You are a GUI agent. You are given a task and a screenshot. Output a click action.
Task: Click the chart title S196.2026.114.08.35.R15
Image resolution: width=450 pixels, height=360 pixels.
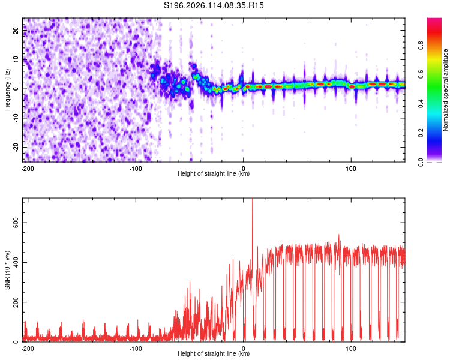point(214,5)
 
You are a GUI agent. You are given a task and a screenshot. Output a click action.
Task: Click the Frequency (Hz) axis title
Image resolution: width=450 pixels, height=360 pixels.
point(7,90)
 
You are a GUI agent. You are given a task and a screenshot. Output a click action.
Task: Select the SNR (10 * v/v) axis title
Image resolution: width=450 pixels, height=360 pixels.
point(7,270)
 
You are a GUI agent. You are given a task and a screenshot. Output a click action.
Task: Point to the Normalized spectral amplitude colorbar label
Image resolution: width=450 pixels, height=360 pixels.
point(445,90)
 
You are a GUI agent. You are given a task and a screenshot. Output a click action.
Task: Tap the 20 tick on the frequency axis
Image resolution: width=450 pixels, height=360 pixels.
point(16,30)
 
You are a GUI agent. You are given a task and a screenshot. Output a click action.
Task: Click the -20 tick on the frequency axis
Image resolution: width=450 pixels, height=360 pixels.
point(16,147)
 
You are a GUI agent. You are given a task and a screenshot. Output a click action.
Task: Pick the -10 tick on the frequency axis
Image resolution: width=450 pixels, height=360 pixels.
point(16,118)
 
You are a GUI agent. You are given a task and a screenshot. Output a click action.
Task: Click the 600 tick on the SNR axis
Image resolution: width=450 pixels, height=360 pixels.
point(16,223)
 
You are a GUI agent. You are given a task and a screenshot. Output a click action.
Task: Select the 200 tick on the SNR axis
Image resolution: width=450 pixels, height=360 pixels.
point(16,302)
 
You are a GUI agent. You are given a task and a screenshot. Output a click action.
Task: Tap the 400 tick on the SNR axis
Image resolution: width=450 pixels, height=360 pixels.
point(16,262)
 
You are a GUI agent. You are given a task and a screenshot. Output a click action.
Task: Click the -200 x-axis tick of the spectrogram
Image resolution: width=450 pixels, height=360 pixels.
point(28,169)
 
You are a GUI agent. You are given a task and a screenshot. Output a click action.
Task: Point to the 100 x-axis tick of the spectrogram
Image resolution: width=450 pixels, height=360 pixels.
point(351,169)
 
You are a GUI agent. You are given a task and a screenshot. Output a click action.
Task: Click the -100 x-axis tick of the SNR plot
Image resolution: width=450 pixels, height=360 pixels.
point(136,349)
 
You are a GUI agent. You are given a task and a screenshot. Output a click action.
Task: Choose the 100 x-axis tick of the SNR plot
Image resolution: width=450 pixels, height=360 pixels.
point(351,349)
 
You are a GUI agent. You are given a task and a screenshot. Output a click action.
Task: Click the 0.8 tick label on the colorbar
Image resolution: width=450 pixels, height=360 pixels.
point(421,45)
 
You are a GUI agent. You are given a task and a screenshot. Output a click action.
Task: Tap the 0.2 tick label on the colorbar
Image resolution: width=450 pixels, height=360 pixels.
point(421,133)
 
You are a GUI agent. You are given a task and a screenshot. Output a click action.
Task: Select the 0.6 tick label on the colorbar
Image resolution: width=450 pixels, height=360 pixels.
point(421,74)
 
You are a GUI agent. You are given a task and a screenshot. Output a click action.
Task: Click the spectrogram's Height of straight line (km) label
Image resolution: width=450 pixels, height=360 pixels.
point(214,173)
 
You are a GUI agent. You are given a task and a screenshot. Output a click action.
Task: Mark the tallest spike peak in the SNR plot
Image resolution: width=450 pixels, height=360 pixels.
point(253,199)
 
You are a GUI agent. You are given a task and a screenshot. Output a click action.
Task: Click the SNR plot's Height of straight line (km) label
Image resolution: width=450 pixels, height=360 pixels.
point(214,353)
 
